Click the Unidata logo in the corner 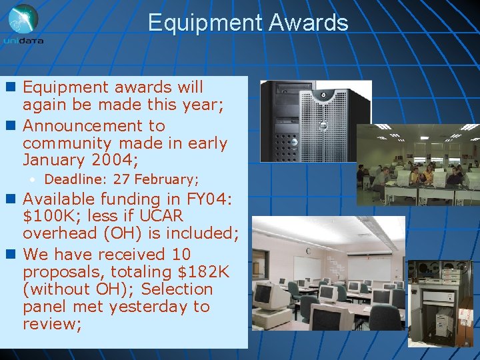click(x=24, y=25)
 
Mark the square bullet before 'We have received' click(x=11, y=255)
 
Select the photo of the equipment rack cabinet click(x=443, y=301)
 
